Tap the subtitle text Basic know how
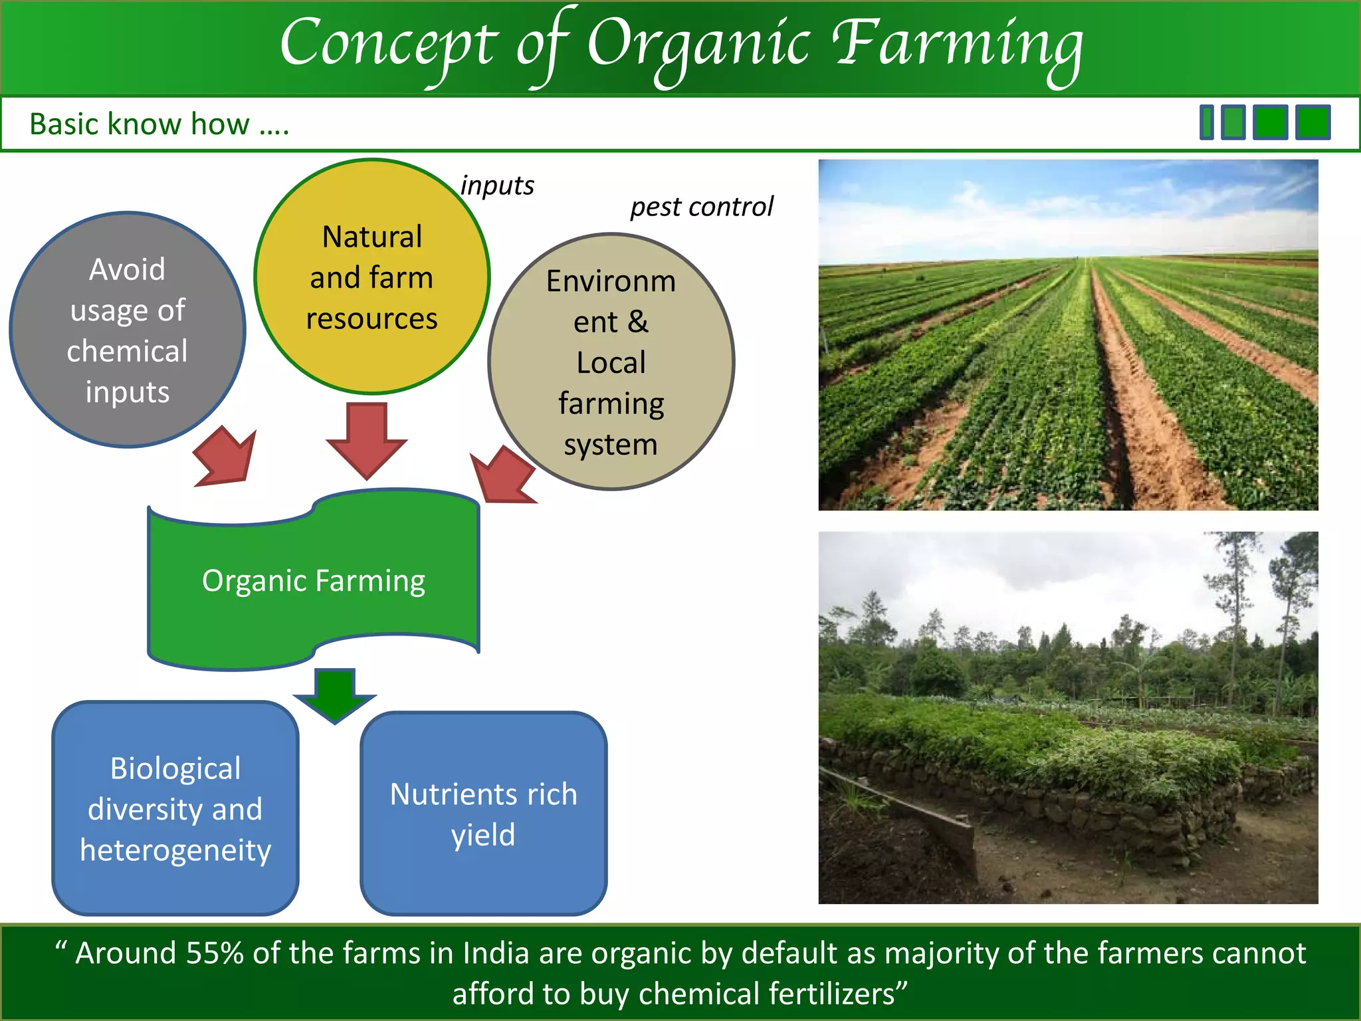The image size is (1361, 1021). coord(159,124)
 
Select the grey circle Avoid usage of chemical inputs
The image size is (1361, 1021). coord(127,330)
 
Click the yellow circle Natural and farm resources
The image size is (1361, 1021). coord(371,277)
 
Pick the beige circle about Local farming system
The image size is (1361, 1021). coord(611,362)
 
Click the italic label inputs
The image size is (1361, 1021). coord(497,185)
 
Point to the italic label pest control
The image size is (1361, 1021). coord(702,207)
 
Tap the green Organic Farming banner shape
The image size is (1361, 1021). coord(313,580)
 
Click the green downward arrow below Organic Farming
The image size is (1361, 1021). coord(335,695)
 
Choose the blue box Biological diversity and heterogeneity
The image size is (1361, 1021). coord(175,808)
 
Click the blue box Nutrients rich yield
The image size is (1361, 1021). coord(483,814)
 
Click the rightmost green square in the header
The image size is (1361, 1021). coord(1312,122)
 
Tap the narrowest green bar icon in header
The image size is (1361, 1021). coord(1207,122)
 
